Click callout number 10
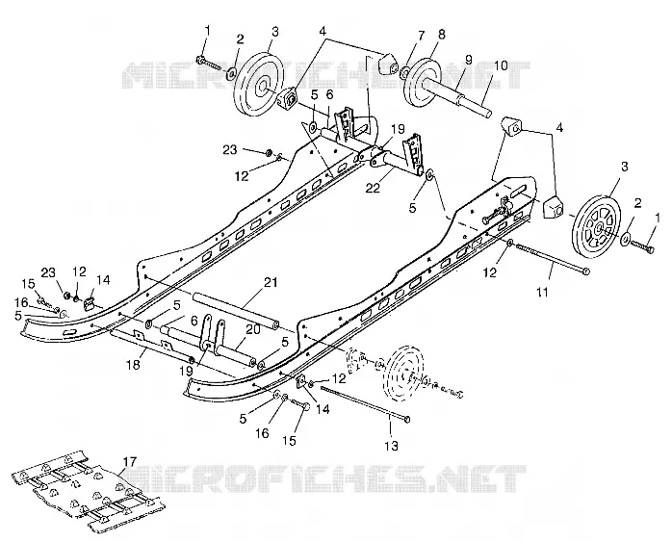click(500, 65)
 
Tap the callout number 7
click(422, 36)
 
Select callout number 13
click(391, 446)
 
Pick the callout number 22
click(373, 188)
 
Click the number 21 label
click(271, 282)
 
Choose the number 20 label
click(253, 328)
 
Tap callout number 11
click(542, 293)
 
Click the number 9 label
click(468, 57)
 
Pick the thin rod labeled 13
click(366, 403)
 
